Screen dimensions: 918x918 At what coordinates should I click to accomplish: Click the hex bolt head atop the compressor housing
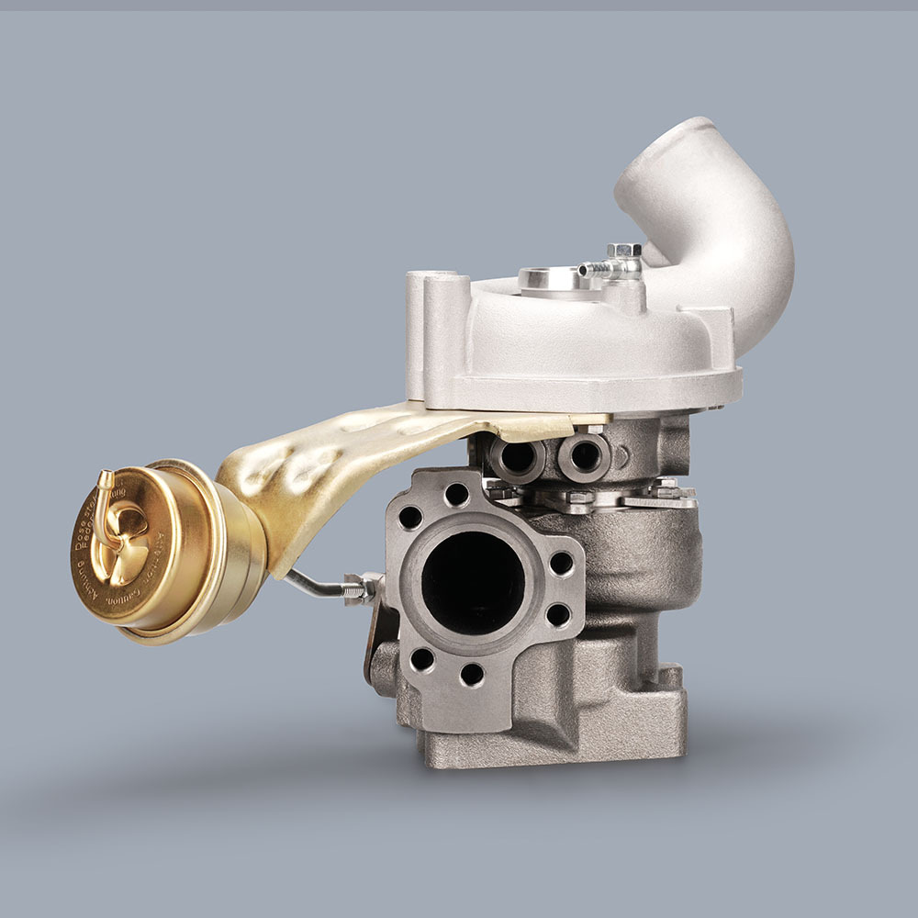(623, 250)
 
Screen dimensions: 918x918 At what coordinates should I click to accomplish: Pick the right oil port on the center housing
(584, 452)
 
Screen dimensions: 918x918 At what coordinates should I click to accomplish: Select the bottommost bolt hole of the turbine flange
(472, 675)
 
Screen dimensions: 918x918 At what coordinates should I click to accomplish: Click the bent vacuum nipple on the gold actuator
(105, 487)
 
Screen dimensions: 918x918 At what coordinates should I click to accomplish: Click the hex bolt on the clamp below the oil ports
(577, 500)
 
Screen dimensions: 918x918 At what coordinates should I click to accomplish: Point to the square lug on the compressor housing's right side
(716, 326)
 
